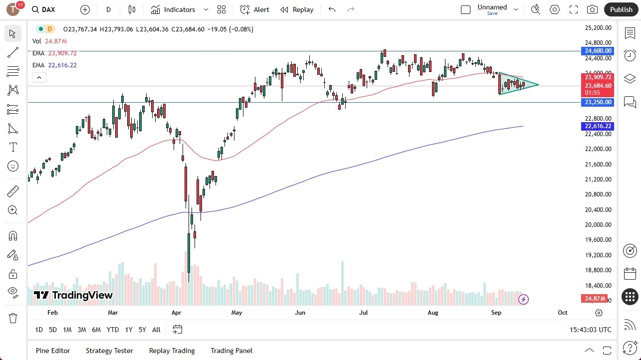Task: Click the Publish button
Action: (x=621, y=9)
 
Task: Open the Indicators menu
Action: (x=179, y=9)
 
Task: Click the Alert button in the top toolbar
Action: (x=254, y=9)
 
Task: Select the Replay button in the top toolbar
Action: (x=297, y=9)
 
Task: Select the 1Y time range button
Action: (x=129, y=330)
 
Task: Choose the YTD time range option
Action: (x=113, y=330)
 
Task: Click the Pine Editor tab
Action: (x=53, y=351)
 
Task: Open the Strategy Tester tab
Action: (x=109, y=351)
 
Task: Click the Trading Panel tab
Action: (x=231, y=351)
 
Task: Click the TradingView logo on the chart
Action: (x=73, y=295)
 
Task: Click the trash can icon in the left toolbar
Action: (x=13, y=318)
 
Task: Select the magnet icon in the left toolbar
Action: (x=13, y=235)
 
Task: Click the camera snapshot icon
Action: (x=592, y=9)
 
